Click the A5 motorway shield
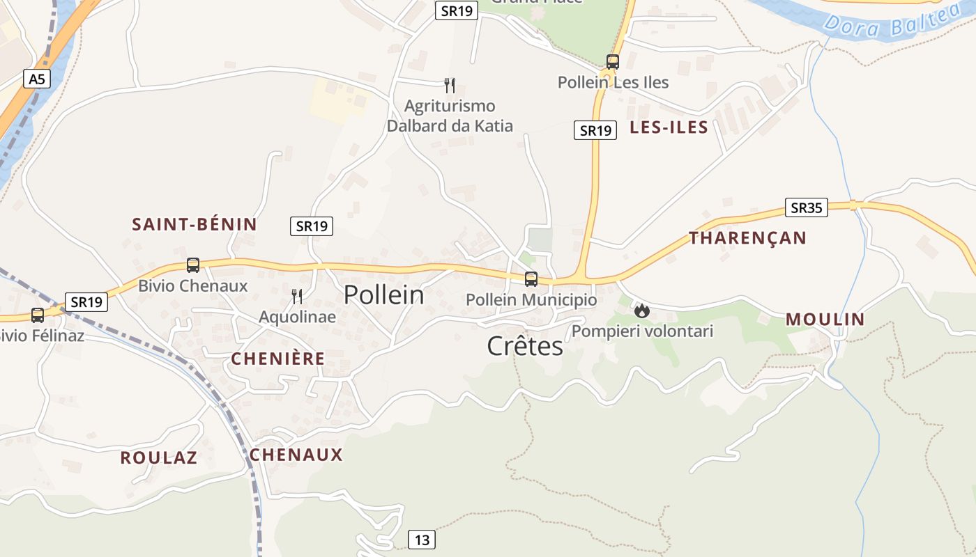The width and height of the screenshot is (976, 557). [x=37, y=79]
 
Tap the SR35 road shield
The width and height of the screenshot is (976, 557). [x=806, y=207]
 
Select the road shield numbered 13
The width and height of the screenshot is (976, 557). [x=422, y=540]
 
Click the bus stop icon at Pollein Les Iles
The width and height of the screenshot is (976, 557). [x=613, y=61]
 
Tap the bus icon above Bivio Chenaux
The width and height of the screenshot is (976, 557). [x=193, y=265]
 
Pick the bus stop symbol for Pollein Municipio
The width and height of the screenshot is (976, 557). [x=531, y=279]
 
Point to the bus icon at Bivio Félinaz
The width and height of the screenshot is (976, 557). [x=38, y=315]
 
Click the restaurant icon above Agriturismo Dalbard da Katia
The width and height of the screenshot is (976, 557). [x=450, y=86]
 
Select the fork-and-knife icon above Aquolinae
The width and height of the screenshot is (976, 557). [x=297, y=297]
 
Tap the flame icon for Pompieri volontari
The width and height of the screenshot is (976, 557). [x=642, y=311]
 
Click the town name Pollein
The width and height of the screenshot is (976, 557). [x=383, y=295]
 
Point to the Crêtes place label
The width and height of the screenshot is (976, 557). [x=525, y=346]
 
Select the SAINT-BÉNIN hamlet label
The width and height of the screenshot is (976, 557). [x=195, y=224]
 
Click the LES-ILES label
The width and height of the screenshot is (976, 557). [x=669, y=127]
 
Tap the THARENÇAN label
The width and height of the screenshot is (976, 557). [x=747, y=238]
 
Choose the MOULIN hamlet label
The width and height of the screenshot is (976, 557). [x=825, y=320]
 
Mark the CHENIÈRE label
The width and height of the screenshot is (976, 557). [x=277, y=359]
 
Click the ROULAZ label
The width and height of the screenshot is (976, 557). [x=158, y=458]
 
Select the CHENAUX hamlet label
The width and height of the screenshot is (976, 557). [x=296, y=455]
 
